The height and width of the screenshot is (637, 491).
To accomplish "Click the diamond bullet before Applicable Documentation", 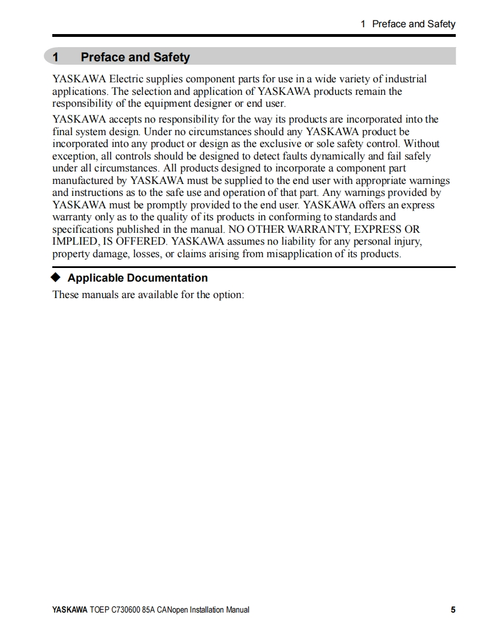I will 55,278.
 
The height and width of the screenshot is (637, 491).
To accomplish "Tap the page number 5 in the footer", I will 453,610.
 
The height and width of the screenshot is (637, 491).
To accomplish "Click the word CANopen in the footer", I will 172,610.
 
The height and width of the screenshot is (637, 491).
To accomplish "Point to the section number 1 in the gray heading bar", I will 56,57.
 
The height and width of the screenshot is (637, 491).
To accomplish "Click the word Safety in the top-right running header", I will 441,24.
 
